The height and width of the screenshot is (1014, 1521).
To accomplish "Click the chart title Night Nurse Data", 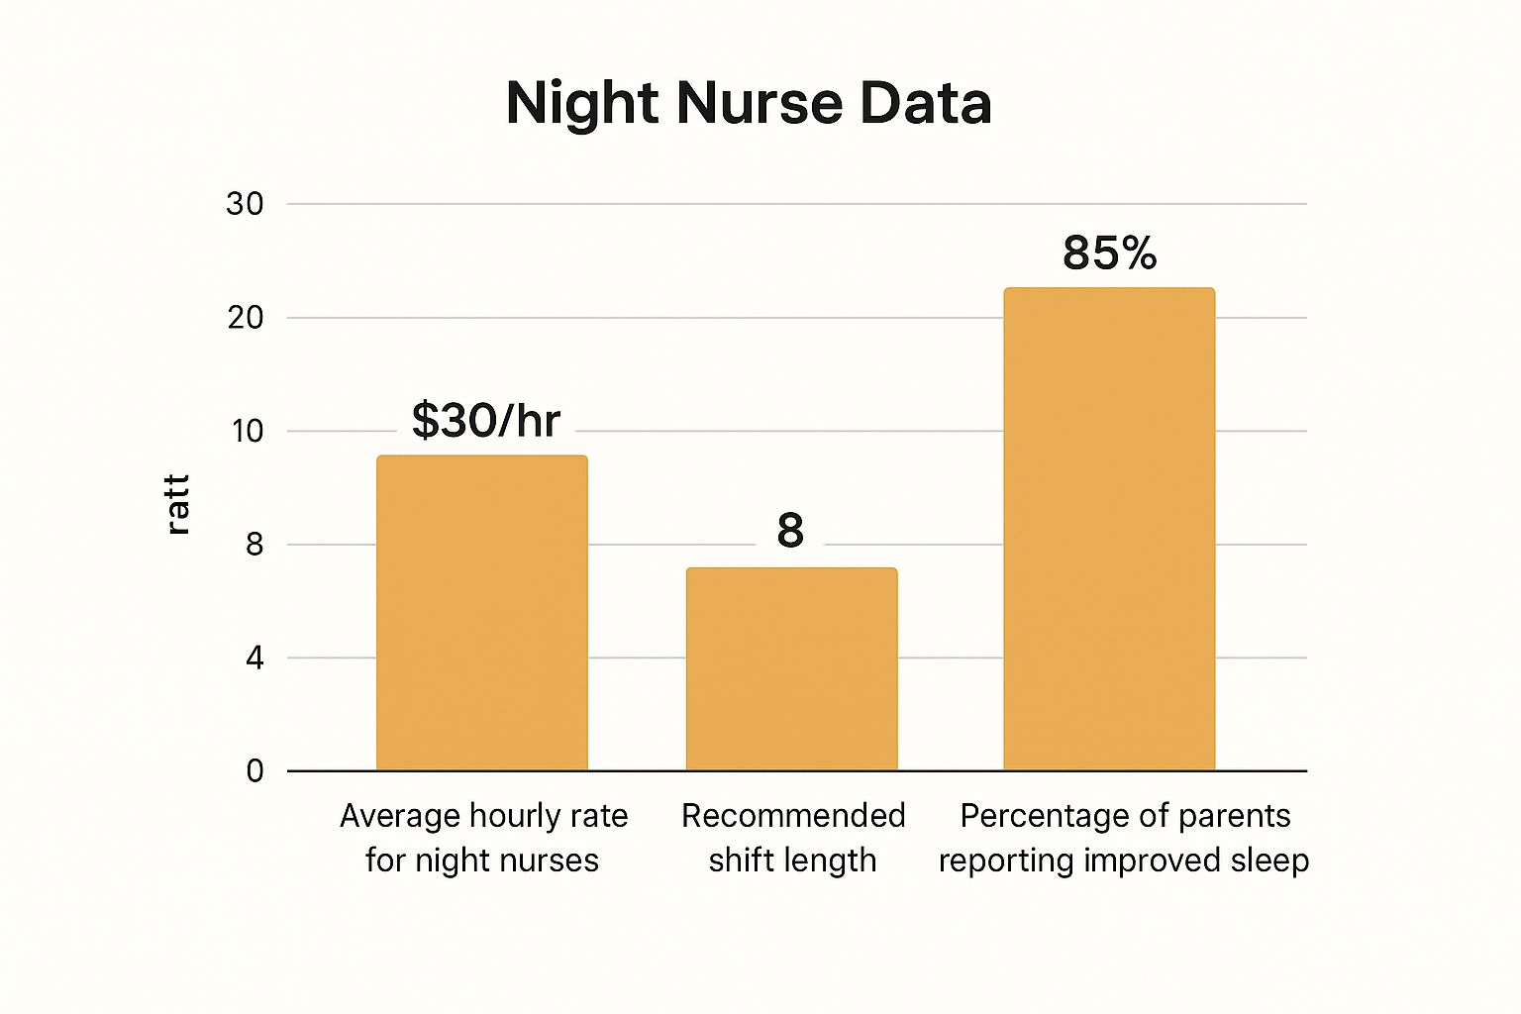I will pyautogui.click(x=749, y=103).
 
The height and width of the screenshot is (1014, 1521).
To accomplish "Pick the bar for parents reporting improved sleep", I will pyautogui.click(x=1109, y=529).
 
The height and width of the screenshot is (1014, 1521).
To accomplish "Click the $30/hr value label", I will pyautogui.click(x=485, y=421).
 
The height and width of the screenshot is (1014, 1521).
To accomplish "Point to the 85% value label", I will pyautogui.click(x=1109, y=253).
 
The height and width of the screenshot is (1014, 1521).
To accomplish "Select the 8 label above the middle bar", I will pyautogui.click(x=790, y=531).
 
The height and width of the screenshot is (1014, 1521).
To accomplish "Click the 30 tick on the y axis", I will pyautogui.click(x=245, y=204).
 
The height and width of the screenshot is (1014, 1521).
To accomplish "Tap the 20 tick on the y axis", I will pyautogui.click(x=245, y=318).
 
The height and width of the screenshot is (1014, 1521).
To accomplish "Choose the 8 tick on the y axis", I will pyautogui.click(x=254, y=545).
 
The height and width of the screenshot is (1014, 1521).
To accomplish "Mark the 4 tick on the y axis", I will pyautogui.click(x=254, y=658).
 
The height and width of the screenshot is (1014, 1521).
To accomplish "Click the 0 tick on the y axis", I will pyautogui.click(x=254, y=770).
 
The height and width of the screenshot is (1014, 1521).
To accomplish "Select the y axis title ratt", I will pyautogui.click(x=177, y=505).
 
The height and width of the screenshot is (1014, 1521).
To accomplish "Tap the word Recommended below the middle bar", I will pyautogui.click(x=793, y=816).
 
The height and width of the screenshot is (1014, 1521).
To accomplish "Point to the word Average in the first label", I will pyautogui.click(x=399, y=816).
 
